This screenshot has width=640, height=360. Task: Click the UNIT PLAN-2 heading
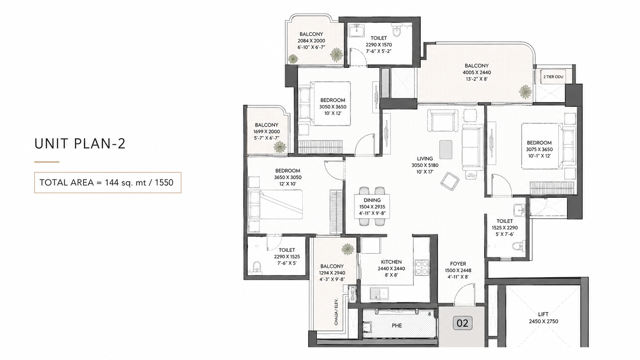(80, 143)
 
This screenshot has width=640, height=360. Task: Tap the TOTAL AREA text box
(108, 182)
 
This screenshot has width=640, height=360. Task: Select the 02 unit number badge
(462, 323)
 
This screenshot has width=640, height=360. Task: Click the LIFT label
(543, 314)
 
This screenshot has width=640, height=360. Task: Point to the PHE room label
(397, 326)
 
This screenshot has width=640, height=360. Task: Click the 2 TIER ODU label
(553, 77)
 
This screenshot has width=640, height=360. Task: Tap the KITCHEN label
(391, 262)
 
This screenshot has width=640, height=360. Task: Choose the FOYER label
(458, 264)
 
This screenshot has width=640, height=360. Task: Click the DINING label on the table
(372, 200)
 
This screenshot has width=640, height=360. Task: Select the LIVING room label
(425, 158)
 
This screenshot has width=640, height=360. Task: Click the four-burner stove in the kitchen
(422, 267)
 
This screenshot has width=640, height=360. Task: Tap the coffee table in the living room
(446, 149)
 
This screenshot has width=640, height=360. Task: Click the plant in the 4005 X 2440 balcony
(525, 92)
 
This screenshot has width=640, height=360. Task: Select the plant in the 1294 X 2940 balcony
(348, 249)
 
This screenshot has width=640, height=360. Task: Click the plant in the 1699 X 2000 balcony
(280, 147)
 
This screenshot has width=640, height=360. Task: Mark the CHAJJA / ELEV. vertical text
(336, 312)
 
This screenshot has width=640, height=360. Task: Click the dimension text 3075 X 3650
(539, 149)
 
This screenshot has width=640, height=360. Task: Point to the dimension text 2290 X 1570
(379, 44)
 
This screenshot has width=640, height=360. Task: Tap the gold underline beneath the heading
(47, 162)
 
